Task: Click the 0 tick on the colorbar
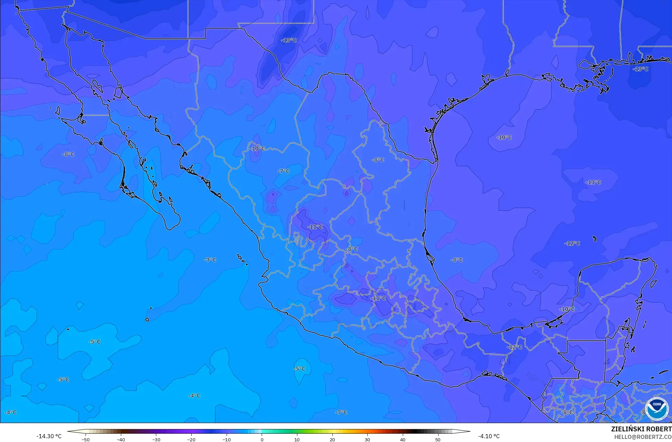point(262,439)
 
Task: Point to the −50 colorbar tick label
point(85,439)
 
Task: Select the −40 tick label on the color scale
point(121,439)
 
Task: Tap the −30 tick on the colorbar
point(156,439)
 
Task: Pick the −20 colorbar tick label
point(191,439)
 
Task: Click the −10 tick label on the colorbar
point(226,439)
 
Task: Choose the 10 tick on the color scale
point(297,439)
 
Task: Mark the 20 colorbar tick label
point(332,439)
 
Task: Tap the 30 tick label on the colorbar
point(367,439)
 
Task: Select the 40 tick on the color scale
point(403,439)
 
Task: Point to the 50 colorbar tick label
point(438,439)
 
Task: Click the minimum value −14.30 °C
point(49,436)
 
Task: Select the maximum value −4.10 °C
point(489,436)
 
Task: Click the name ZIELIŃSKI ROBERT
point(641,429)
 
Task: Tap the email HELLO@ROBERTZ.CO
point(643,437)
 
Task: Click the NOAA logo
point(657,409)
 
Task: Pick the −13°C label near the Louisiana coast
point(640,69)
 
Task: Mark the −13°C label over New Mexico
point(289,40)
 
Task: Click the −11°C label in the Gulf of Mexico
point(593,182)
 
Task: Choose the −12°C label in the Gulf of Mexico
point(572,243)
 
